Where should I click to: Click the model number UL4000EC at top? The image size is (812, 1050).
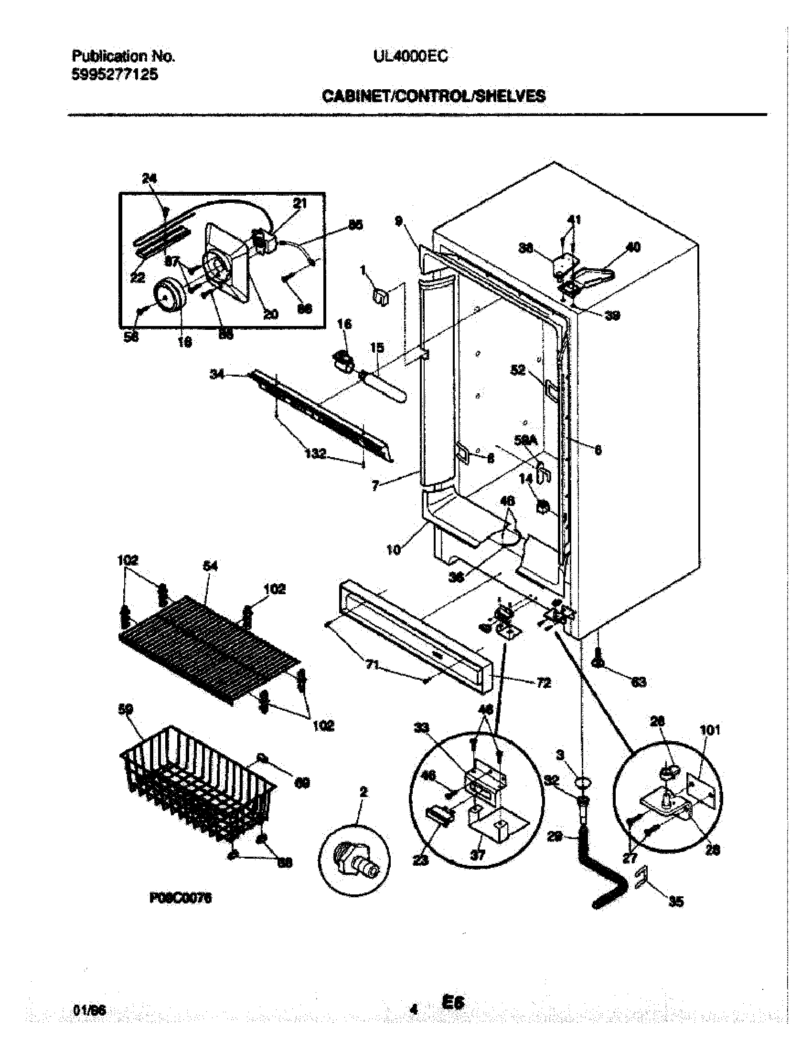tap(410, 57)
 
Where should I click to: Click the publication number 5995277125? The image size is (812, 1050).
tap(115, 75)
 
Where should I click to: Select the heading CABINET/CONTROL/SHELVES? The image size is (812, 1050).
tap(433, 96)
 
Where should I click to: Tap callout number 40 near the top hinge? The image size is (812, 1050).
tap(633, 247)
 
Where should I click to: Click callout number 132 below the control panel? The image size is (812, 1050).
tap(316, 453)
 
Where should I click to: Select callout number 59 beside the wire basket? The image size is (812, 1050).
tap(126, 710)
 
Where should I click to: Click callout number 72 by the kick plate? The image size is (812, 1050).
tap(543, 682)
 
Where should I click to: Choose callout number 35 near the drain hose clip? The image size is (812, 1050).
tap(676, 903)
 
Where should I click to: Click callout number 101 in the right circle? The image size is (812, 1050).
tap(710, 730)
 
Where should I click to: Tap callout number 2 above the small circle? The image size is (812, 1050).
tap(363, 792)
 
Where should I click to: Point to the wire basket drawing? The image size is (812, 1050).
tap(197, 788)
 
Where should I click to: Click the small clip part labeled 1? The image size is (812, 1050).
tap(380, 297)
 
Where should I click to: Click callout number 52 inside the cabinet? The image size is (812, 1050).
tap(518, 370)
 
